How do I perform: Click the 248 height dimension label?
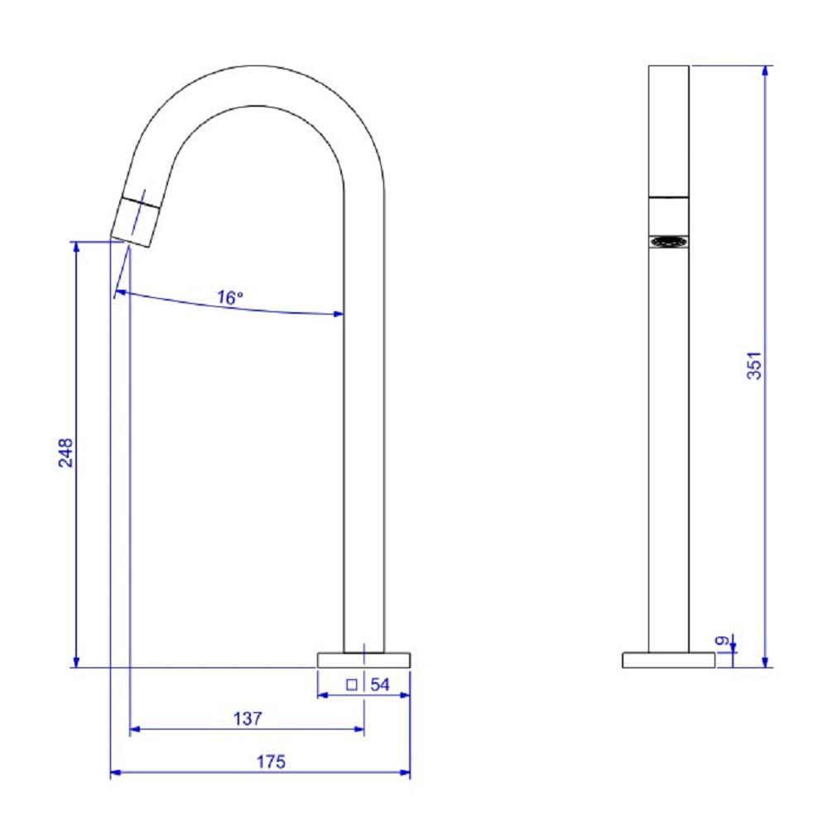pos(66,453)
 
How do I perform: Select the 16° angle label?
pos(230,298)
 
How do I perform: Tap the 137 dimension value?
pos(247,719)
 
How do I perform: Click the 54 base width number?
pos(380,685)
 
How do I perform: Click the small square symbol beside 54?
pos(351,685)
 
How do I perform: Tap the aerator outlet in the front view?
pos(668,242)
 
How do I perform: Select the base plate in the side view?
pos(363,660)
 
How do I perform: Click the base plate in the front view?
pos(668,660)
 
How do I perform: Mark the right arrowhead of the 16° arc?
pos(339,314)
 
